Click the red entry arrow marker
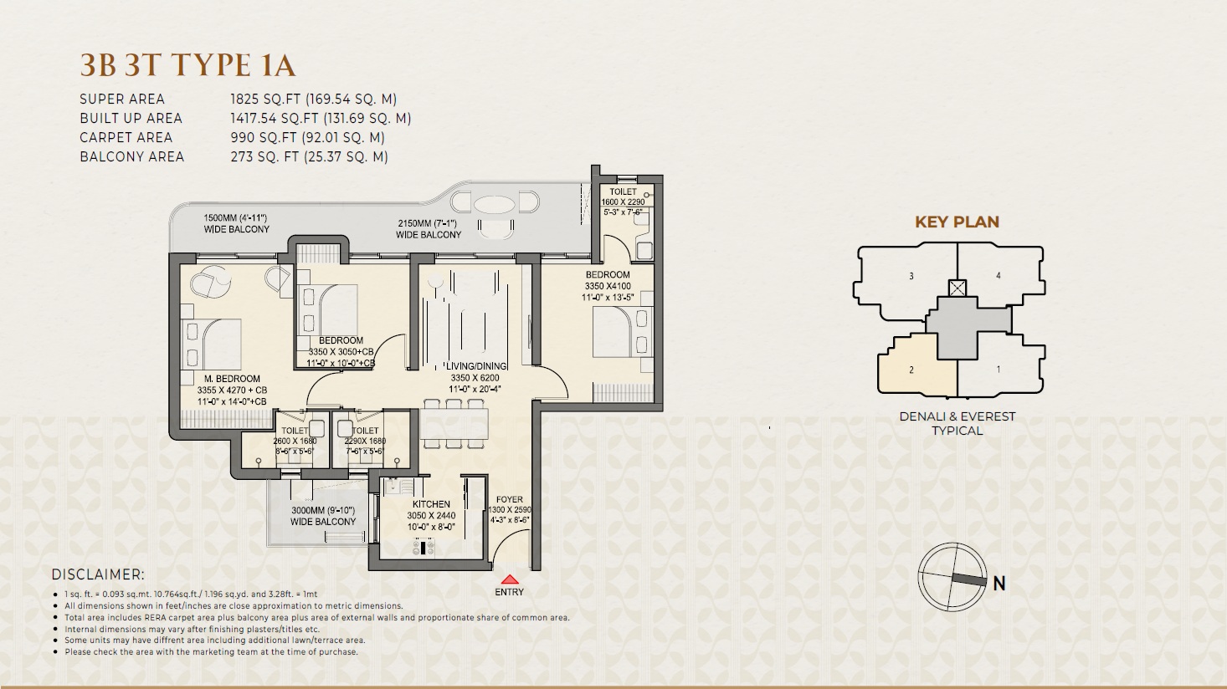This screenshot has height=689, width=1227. click(509, 579)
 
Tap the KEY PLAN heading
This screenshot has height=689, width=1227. click(957, 222)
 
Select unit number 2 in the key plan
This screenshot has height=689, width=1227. click(911, 370)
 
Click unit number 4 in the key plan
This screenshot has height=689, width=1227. click(998, 275)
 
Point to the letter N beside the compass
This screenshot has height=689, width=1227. click(999, 584)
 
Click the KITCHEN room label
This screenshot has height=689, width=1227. click(431, 504)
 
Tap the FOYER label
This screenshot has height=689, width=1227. click(509, 499)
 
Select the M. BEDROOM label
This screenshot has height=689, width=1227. click(232, 379)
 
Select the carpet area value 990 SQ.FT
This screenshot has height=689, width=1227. click(307, 137)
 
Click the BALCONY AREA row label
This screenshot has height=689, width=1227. click(131, 156)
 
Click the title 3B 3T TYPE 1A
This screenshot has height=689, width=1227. click(187, 65)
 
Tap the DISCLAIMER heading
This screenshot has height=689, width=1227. click(98, 574)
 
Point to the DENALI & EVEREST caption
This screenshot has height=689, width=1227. click(957, 416)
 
